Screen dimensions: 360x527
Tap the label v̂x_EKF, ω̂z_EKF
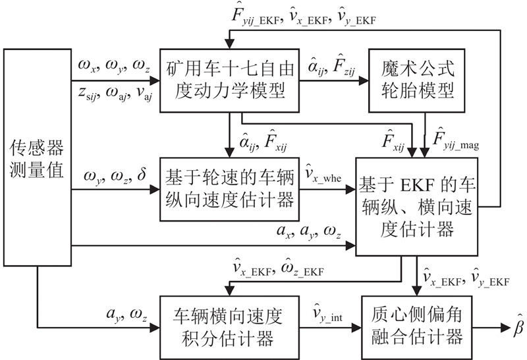277,270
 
